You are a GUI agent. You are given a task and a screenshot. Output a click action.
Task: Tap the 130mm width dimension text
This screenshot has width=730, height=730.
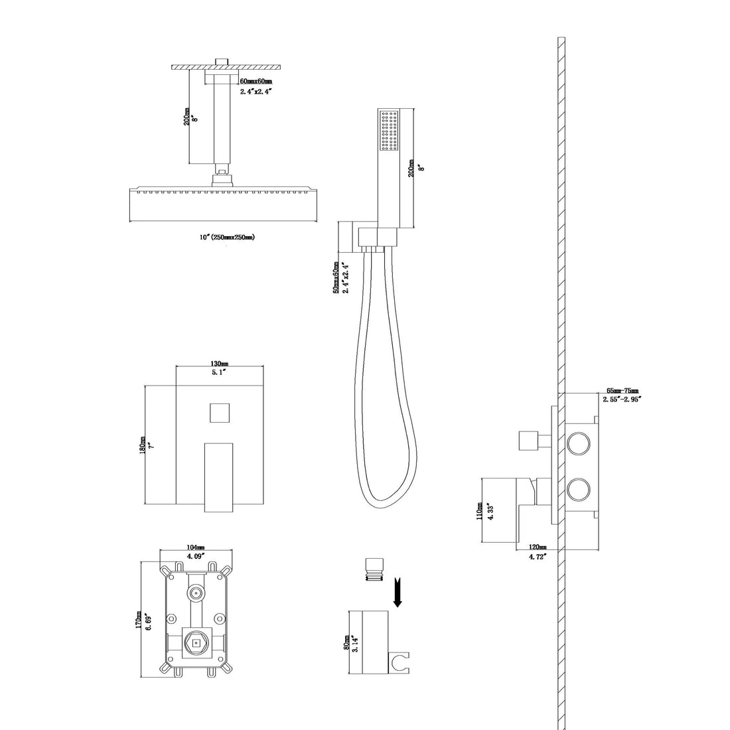[220, 364]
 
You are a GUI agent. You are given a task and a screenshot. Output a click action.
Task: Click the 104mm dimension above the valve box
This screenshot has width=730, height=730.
[196, 549]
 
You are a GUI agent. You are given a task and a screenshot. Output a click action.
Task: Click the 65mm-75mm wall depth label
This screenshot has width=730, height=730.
[623, 392]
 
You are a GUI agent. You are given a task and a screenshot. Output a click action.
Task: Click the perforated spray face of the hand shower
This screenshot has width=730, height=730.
[388, 129]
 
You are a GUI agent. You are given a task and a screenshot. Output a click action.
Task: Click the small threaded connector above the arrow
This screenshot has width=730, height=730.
[372, 569]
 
